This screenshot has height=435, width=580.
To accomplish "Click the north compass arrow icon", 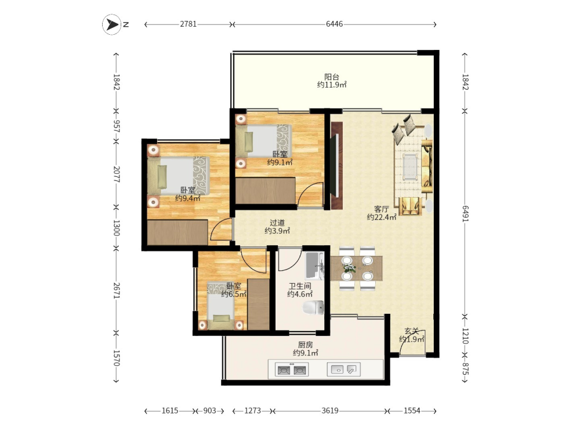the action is tap(111, 24).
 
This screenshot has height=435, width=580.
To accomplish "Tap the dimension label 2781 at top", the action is tap(188, 24).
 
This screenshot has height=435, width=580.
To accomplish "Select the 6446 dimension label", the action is tap(335, 24).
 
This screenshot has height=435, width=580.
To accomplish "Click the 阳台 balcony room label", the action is tap(331, 77).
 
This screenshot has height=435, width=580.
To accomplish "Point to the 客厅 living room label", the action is tap(382, 209).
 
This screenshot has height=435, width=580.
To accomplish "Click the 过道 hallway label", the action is tap(277, 223).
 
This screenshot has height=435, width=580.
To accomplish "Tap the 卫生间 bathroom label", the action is tap(300, 287).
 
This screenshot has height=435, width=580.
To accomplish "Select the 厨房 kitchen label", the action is tap(306, 345).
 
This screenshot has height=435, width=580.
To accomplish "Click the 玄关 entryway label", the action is tap(411, 331).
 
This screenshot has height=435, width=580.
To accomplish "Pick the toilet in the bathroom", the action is tap(313, 307).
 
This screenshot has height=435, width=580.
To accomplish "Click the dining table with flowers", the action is tap(357, 268).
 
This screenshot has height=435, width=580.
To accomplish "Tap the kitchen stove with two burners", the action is tap(292, 369).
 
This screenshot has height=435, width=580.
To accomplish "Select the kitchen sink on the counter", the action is tap(343, 369).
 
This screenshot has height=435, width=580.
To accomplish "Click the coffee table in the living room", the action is tap(410, 167).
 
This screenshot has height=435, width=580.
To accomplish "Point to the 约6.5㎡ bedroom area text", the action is tap(234, 295).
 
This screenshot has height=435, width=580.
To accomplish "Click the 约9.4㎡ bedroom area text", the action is tap(187, 198).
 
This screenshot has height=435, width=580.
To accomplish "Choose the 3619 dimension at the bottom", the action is tap(330, 411).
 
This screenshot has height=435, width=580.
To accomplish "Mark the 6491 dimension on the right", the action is tap(465, 214).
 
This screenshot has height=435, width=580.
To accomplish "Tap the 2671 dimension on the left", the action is tap(117, 291).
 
